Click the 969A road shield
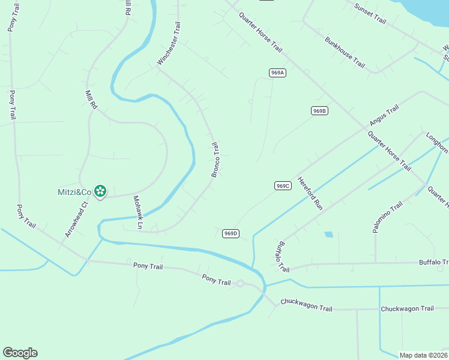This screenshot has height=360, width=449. tap(277, 73)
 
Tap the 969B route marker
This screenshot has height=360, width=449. tap(319, 110)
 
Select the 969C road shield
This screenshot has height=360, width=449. tap(283, 186)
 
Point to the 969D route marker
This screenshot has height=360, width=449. tap(231, 233)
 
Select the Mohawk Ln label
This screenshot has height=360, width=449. tap(137, 212)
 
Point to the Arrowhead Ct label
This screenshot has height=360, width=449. tap(77, 220)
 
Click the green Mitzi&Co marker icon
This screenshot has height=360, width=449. tap(100, 191)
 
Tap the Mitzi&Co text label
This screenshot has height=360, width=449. tap(79, 192)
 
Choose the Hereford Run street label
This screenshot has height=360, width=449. tap(310, 193)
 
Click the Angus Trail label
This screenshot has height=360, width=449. tap(384, 116)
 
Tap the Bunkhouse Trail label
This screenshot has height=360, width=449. tap(345, 52)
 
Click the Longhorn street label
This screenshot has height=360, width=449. tap(437, 143)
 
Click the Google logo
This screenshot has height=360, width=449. tap(20, 353)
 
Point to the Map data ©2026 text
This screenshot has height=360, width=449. tap(423, 355)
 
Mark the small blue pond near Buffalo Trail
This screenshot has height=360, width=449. tap(328, 234)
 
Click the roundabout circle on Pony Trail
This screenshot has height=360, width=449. tap(240, 283)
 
